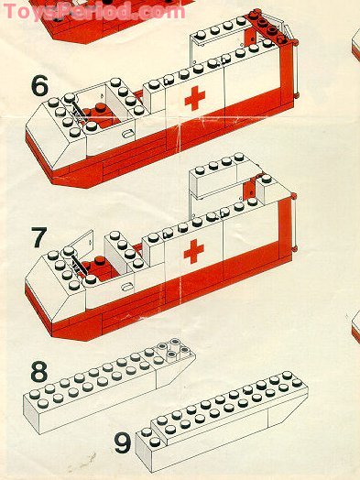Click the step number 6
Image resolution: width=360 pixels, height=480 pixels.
(39, 85)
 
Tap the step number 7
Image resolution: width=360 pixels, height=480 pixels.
(39, 237)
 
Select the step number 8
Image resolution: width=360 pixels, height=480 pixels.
(39, 371)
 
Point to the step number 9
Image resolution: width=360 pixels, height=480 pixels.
(123, 443)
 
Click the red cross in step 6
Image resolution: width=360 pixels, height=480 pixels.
(195, 98)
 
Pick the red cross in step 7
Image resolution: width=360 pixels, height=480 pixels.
(194, 251)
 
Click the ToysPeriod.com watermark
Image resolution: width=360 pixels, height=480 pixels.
(94, 12)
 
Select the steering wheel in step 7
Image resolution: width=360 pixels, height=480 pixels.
(79, 265)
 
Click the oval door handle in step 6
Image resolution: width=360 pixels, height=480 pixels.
(127, 134)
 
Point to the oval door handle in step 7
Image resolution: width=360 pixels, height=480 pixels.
(126, 287)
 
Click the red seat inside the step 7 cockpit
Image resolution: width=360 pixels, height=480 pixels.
(99, 267)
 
